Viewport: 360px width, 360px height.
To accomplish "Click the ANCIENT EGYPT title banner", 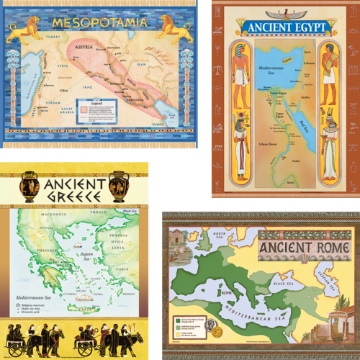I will (x=287, y=28).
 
